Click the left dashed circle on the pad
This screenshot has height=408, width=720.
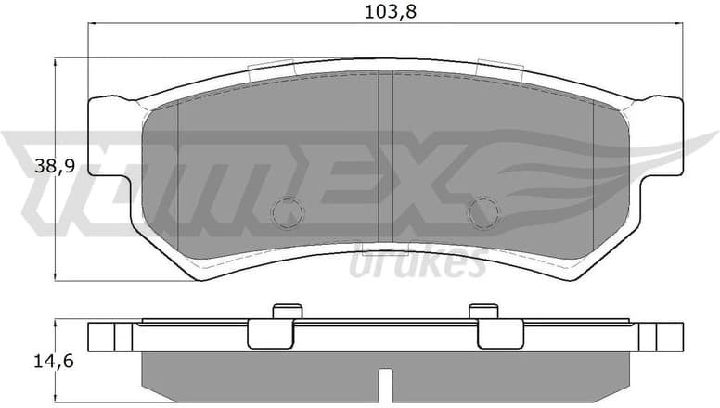click(x=287, y=212)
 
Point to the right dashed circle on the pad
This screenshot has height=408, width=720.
click(x=482, y=212)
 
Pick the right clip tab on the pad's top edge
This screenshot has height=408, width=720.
click(x=501, y=67)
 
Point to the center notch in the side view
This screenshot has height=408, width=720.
click(x=385, y=380)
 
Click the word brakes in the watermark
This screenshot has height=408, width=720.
click(x=418, y=263)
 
